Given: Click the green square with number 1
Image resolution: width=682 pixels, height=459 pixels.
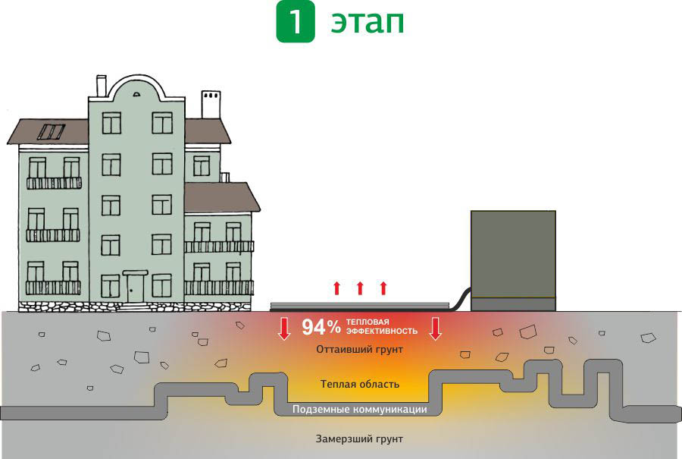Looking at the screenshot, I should pos(296,23).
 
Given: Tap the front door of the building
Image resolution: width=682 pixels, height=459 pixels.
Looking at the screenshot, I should pos(136,288).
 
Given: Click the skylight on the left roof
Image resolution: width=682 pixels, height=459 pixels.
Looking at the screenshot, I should pos(52,132).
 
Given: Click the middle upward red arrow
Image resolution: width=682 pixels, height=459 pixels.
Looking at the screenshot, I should pos(360,288).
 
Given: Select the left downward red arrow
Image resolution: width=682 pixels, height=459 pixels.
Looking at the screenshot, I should pos(284,328).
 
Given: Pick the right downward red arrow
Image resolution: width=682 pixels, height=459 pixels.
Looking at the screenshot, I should pos(435,328).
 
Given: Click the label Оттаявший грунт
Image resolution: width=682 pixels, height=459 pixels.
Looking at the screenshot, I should pos(359,350).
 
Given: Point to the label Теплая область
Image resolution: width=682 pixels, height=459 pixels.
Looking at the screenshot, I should pos(359,384).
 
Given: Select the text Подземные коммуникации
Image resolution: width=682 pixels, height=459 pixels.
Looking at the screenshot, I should pos(359,410).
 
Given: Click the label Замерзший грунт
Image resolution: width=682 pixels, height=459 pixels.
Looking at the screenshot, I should pos(359,439).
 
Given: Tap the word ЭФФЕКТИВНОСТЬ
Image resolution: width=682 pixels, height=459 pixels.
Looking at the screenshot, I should pos(382,332).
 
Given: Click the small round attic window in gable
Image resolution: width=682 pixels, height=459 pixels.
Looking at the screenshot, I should pos(136,94).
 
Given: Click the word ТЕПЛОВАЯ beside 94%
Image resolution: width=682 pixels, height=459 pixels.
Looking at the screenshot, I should pos(368,322).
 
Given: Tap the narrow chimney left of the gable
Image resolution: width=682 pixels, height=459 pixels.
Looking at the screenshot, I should pos(101,86).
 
